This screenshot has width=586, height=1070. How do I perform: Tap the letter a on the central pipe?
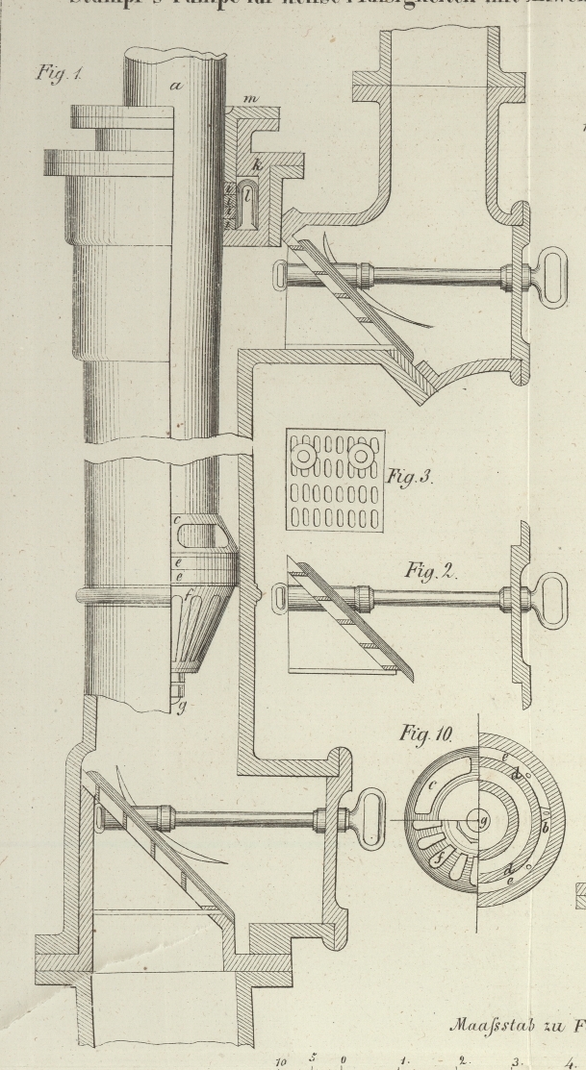(177, 87)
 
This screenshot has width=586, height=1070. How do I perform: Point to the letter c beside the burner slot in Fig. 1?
(179, 520)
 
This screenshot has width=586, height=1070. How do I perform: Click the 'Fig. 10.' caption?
(424, 735)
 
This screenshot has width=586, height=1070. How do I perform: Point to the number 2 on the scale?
(462, 1060)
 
